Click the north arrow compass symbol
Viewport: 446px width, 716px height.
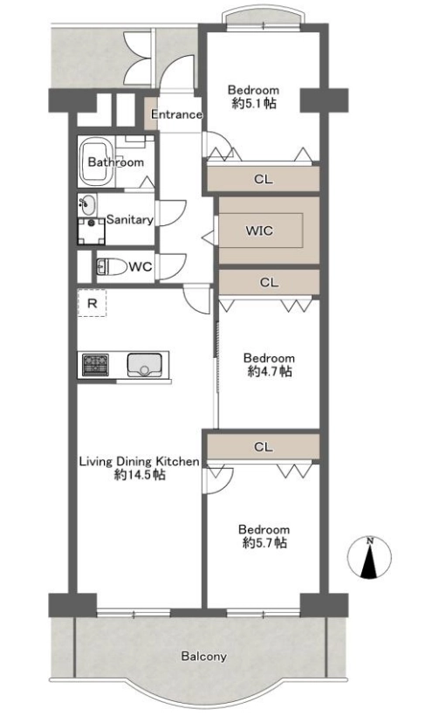(369, 558)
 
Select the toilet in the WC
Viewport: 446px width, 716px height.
(112, 266)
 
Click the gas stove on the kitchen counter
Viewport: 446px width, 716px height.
(95, 364)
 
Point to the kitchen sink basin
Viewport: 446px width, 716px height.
(144, 365)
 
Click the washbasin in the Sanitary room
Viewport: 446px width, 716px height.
(87, 205)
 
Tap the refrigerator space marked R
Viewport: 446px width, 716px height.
(92, 303)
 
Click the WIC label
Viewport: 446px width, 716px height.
(259, 231)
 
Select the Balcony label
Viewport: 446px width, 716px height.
(203, 656)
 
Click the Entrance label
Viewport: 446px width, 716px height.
(176, 114)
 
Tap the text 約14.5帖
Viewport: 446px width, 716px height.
(140, 475)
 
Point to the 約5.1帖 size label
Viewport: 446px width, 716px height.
(254, 103)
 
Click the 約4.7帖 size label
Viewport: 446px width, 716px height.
(270, 371)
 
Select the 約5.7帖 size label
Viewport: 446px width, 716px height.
(264, 543)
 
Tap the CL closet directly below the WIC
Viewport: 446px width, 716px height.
(269, 282)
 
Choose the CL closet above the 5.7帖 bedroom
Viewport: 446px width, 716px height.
(263, 446)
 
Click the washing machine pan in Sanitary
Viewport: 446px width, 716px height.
(92, 232)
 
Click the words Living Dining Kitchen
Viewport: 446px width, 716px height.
(140, 461)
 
